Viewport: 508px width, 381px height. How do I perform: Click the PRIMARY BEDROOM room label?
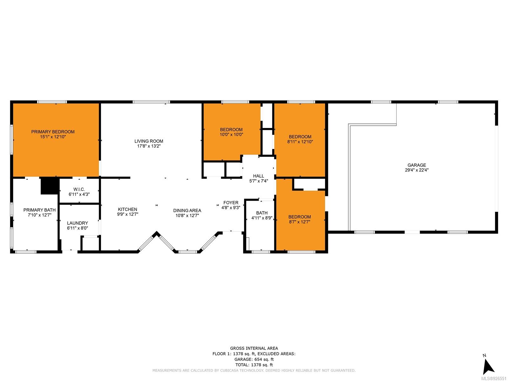pos(53,132)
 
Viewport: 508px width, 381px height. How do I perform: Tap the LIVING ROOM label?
pos(149,141)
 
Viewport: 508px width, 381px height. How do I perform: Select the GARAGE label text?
pos(417,165)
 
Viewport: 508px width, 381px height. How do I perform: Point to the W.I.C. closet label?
pos(79,189)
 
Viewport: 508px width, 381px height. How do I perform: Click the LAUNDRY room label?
pos(77,223)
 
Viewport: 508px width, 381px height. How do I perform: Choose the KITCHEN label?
pos(128,209)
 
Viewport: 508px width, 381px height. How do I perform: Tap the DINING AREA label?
pos(187,211)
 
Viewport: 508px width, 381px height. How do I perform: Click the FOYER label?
pos(231,203)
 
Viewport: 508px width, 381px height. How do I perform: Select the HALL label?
pos(258,176)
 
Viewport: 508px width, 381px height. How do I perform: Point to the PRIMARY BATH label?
pos(39,210)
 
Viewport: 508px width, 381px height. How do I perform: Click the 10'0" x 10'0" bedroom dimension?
pos(231,134)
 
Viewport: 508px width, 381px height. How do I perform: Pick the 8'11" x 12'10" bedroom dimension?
pos(300,142)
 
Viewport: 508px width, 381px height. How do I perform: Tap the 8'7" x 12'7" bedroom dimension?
pos(299,222)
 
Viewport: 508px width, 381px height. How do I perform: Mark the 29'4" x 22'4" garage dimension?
pos(417,170)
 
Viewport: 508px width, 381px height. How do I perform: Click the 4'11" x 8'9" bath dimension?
pos(262,218)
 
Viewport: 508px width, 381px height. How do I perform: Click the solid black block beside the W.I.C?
pos(50,186)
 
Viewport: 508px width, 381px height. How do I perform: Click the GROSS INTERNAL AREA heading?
pos(254,348)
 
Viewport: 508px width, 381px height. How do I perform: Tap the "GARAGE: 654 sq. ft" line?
pos(254,359)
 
